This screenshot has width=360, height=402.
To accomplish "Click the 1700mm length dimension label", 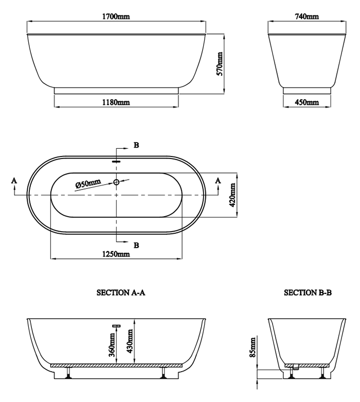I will pos(116,16).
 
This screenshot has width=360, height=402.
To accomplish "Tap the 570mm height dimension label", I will pos(219,64).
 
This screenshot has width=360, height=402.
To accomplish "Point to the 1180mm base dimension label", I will pos(116,102).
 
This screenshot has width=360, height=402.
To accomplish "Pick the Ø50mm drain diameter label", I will pos(88,184).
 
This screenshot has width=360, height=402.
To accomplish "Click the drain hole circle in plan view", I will pos(117,182).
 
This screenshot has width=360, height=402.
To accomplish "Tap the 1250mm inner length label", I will pos(116,254).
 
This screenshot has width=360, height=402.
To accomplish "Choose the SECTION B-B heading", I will pos(308,293).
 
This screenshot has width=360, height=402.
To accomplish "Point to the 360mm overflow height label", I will pos(112,344).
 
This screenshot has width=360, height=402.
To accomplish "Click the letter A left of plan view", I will pos(14,180).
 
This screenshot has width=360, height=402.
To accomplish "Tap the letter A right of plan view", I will pos(218,180).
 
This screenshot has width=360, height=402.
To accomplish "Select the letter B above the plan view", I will pos(136,146).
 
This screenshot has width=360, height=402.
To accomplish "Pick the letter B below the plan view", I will pos(136,245).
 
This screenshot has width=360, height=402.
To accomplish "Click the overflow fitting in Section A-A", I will pos(116,325).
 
